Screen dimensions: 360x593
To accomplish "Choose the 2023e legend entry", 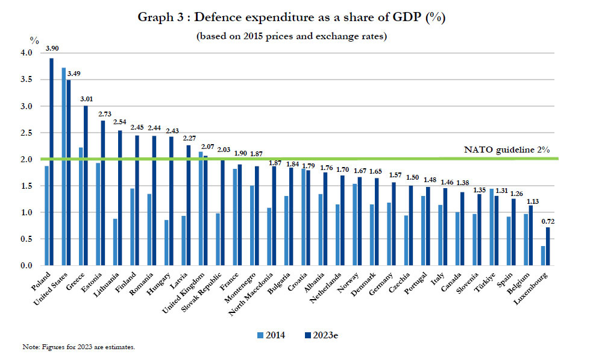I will click(x=319, y=335).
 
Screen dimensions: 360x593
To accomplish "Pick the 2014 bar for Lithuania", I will click(x=115, y=242).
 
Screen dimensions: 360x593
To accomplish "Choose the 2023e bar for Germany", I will click(x=394, y=224).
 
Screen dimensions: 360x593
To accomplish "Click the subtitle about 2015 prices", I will click(x=291, y=36).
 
